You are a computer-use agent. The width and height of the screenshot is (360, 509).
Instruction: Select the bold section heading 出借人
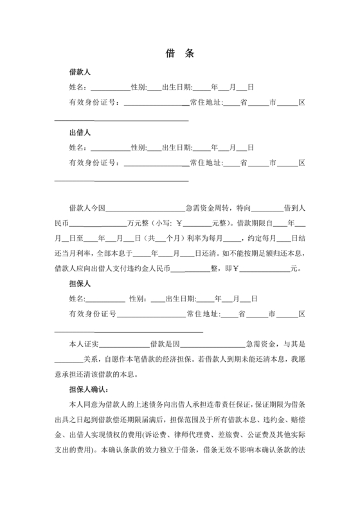point(80,133)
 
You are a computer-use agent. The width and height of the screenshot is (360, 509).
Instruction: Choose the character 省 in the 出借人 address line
point(244,163)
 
